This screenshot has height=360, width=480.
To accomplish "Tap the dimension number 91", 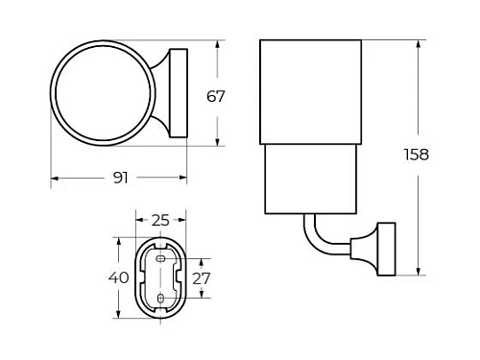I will tap(120, 179).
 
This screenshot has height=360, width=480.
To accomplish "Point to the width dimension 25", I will tap(160, 220).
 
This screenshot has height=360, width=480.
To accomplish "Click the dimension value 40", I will tap(118, 277).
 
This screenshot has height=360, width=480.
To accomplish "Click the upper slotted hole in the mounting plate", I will tap(160, 257).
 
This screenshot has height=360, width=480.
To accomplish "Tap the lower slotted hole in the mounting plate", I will tap(160, 300).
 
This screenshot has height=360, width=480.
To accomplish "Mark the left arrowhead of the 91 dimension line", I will tap(54, 179).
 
